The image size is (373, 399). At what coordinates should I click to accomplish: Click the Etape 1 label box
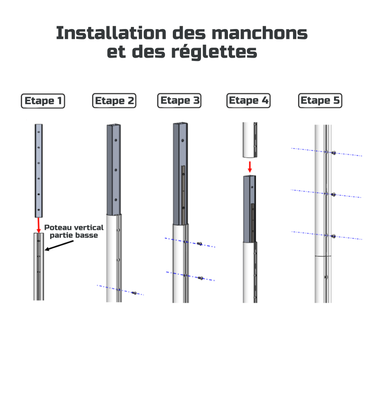43,101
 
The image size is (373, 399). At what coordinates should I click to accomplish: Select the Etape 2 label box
114,101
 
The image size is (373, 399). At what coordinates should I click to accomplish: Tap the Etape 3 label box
179,100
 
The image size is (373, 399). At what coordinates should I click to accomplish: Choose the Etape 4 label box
248,100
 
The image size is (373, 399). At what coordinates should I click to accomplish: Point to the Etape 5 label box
320,100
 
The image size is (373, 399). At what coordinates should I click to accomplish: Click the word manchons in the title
259,33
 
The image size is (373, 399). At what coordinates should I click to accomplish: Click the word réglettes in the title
214,52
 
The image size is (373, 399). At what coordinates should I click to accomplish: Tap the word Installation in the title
111,33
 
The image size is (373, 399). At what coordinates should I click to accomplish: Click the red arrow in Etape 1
39,225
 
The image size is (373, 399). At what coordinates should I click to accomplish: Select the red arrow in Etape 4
250,167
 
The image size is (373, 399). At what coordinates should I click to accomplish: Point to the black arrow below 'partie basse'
59,246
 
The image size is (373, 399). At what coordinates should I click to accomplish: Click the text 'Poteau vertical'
74,227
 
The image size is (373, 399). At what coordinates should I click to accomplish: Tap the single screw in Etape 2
134,293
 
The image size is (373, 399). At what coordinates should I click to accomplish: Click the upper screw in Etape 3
200,244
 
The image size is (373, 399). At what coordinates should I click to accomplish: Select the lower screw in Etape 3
201,278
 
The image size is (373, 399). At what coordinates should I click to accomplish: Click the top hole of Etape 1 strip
39,132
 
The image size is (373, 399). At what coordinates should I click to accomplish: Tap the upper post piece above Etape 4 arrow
249,140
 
